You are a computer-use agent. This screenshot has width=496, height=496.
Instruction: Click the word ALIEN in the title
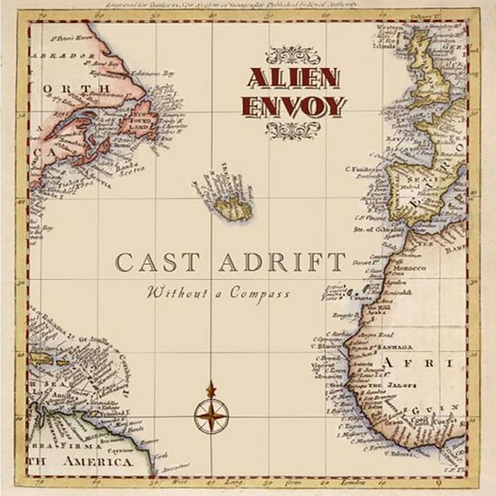[293, 78]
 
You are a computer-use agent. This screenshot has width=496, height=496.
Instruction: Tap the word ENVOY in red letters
[293, 106]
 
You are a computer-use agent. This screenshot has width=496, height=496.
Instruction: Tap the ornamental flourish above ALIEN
[293, 54]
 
